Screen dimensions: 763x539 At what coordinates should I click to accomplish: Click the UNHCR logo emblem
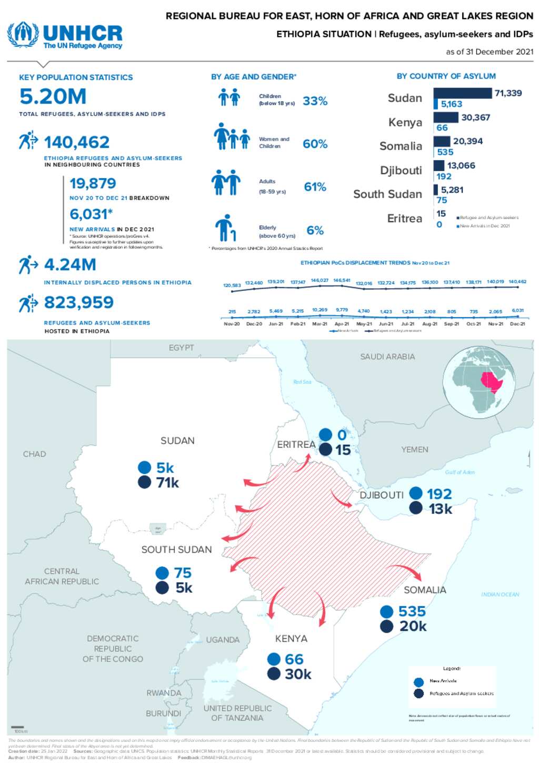click(23, 34)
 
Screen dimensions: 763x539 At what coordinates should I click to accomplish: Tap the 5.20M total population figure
click(53, 97)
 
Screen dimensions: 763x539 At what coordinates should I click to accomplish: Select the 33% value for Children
click(315, 101)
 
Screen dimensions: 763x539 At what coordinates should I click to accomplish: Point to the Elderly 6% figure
click(315, 230)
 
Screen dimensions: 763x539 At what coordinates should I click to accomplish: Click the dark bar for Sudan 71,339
click(462, 93)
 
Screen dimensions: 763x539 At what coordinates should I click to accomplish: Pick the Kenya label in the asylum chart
click(405, 122)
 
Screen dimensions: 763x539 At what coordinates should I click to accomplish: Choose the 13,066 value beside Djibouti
click(461, 165)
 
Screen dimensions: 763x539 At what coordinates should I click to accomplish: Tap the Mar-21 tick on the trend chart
click(320, 324)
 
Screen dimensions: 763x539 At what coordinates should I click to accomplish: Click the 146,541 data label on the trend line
click(342, 280)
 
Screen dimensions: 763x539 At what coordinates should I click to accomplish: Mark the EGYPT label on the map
click(181, 348)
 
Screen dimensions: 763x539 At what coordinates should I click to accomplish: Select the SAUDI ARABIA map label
click(387, 357)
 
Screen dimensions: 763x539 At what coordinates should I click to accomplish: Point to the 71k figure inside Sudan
click(167, 482)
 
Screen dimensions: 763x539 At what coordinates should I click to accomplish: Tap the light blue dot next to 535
click(386, 611)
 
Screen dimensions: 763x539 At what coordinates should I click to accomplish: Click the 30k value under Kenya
click(298, 674)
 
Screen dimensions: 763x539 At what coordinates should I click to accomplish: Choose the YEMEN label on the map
click(414, 449)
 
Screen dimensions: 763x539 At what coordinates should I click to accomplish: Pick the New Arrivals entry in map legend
click(442, 681)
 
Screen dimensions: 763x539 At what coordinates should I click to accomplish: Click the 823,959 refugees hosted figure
click(79, 302)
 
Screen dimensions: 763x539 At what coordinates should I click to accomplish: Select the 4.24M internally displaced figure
click(69, 265)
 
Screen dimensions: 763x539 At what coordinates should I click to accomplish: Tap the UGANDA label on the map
click(223, 640)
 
